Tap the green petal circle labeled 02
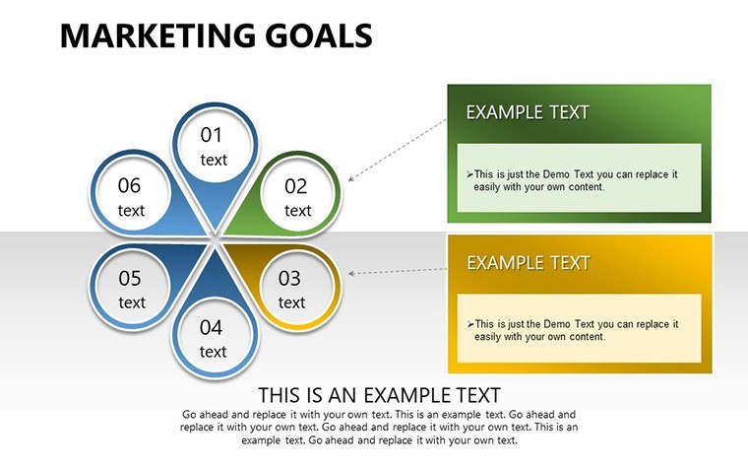(297, 194)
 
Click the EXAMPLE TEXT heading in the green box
(528, 112)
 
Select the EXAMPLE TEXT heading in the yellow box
(529, 263)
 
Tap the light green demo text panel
(579, 177)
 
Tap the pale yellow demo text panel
(579, 328)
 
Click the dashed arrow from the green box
(398, 150)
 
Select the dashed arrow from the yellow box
(398, 271)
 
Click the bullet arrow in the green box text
(469, 174)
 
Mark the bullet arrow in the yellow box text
(470, 324)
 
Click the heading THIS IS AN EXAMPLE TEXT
(379, 395)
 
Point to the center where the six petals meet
(215, 239)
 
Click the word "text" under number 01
(214, 160)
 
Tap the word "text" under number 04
(213, 352)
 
